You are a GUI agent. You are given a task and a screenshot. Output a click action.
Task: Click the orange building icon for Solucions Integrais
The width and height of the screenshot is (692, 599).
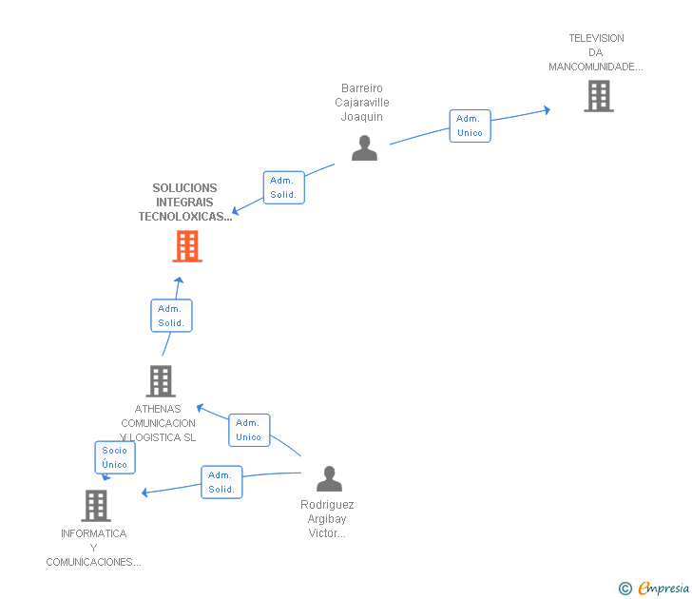187,246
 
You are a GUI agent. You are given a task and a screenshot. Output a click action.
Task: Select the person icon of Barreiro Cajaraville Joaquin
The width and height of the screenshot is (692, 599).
364,147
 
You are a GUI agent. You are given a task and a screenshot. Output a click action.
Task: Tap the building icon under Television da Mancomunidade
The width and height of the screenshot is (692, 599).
598,96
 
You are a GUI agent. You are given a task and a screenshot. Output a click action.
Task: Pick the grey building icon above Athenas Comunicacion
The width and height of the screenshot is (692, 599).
160,381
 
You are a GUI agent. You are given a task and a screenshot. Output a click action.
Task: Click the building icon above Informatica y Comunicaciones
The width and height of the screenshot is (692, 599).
95,505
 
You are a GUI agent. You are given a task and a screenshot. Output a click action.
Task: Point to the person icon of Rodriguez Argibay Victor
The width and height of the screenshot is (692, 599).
329,478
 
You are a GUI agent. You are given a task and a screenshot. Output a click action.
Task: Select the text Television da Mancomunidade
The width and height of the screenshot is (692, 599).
596,52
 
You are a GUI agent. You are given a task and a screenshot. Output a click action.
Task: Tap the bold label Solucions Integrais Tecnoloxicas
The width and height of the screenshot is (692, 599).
184,203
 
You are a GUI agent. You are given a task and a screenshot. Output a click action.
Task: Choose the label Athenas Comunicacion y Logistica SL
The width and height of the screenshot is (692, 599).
159,423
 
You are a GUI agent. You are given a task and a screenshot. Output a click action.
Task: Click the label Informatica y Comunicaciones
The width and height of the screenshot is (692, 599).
93,548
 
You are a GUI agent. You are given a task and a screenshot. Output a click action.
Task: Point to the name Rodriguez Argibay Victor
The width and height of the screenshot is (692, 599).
327,519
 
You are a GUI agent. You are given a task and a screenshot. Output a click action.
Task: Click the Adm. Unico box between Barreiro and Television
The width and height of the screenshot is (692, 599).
470,126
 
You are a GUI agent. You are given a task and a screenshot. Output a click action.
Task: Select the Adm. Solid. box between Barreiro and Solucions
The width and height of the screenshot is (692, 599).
283,187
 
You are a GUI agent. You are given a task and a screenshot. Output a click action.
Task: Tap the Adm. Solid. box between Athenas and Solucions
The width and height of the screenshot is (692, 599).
171,316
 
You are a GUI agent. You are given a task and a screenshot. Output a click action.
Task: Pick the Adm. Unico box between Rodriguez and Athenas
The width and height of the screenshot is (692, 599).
249,430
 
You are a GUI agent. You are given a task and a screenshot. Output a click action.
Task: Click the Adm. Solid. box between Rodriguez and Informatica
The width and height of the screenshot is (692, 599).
221,482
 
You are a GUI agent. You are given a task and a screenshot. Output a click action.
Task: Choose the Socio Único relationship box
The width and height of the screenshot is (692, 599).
115,457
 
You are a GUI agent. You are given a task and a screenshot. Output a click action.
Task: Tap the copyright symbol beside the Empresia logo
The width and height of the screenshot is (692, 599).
625,589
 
